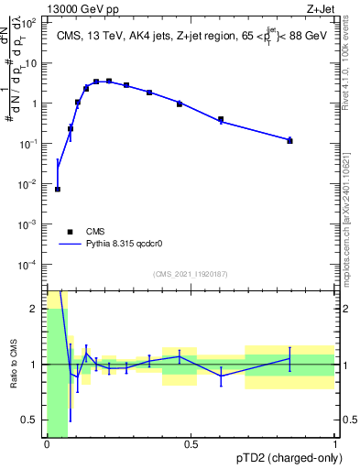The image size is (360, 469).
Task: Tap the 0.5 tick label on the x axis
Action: point(191,445)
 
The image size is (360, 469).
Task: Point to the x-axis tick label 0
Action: point(47,445)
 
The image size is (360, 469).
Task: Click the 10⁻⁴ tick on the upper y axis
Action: point(29,264)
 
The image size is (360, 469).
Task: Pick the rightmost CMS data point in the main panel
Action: point(289,140)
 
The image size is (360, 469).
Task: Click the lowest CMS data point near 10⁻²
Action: point(58,189)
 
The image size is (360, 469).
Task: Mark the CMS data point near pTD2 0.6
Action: point(221,119)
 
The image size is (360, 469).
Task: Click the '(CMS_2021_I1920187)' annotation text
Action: point(191,274)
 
